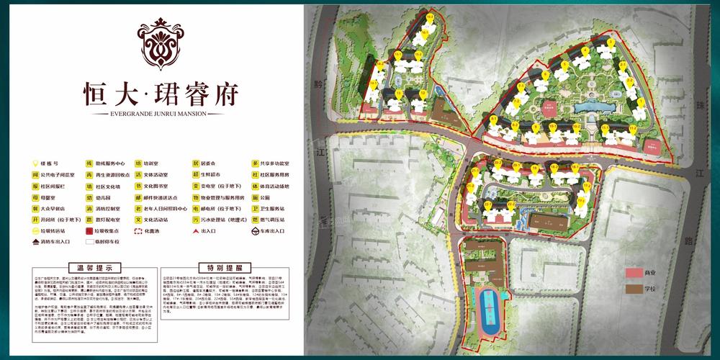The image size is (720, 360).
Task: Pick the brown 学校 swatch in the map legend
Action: click(634, 289)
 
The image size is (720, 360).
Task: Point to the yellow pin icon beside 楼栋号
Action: click(35, 164)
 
